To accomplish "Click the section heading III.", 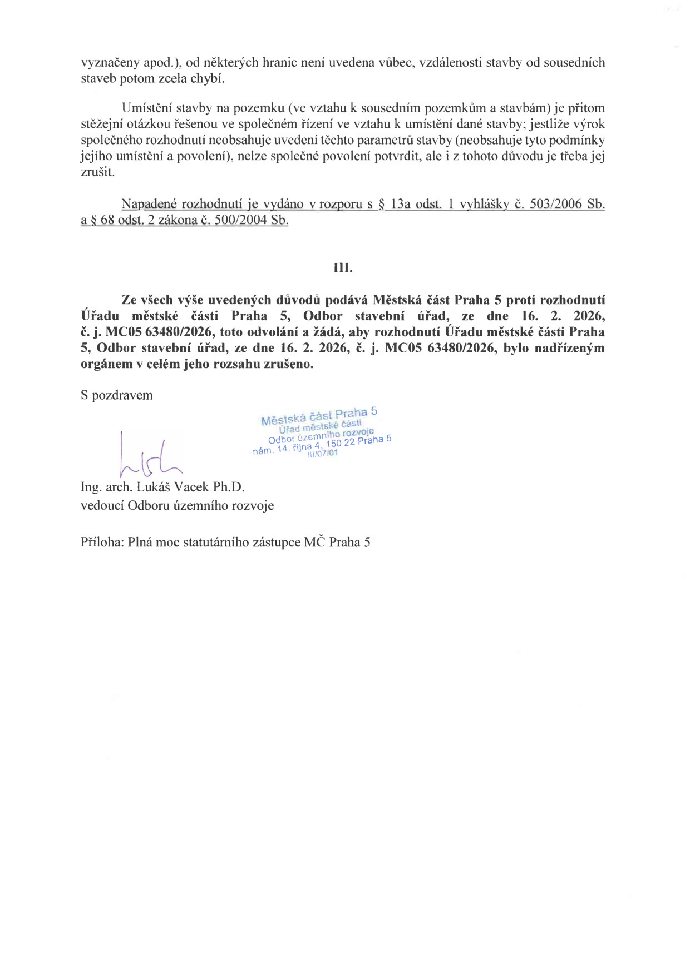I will coord(343,268).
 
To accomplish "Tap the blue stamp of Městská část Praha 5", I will coord(322,433).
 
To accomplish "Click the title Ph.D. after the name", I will coord(229,487).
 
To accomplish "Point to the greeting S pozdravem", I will coord(117,395).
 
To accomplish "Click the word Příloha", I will coord(102,543).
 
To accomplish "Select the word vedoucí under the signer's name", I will coord(102,506).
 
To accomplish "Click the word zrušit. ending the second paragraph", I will coord(98,172).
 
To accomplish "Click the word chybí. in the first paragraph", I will coord(208,78).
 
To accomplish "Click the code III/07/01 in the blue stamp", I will coord(322,454).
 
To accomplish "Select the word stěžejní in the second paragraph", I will coord(105,124).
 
